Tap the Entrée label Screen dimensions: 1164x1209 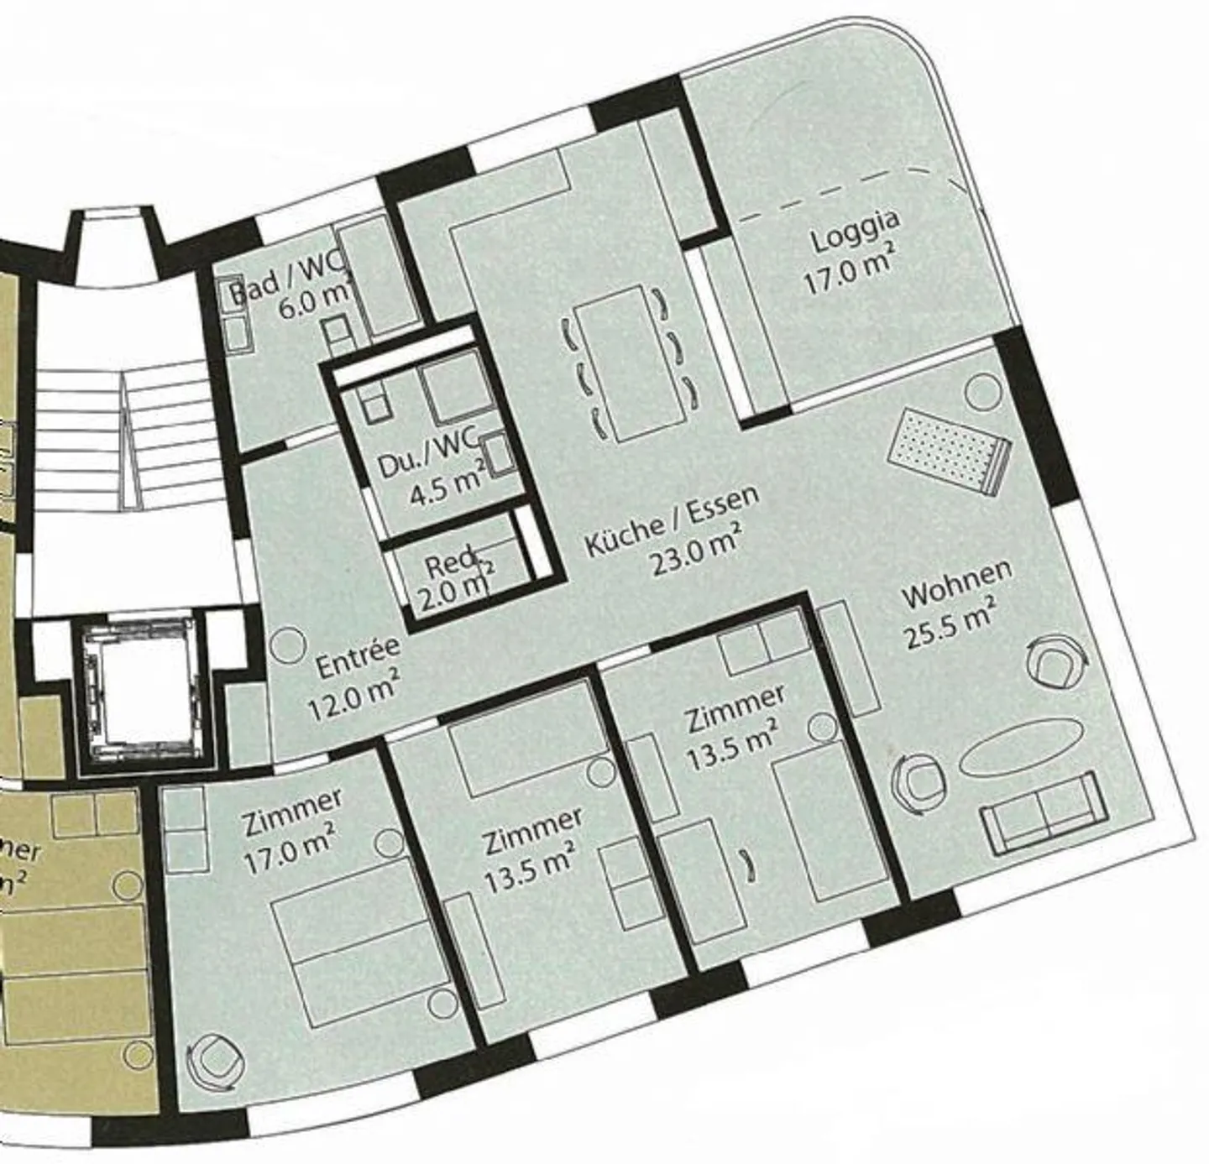pyautogui.click(x=358, y=657)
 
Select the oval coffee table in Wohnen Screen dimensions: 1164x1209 pyautogui.click(x=1019, y=746)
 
